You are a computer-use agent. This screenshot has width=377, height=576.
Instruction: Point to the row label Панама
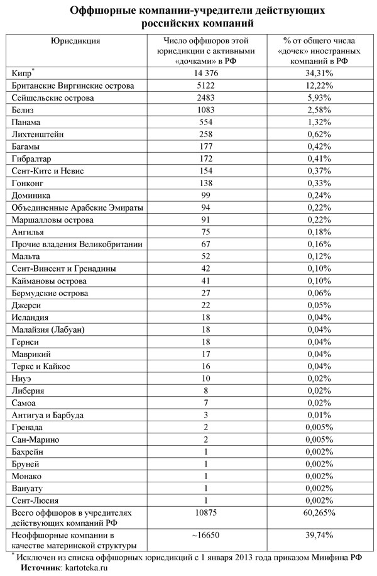pyautogui.click(x=26, y=122)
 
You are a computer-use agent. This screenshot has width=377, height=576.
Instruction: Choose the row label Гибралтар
pyautogui.click(x=32, y=158)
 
